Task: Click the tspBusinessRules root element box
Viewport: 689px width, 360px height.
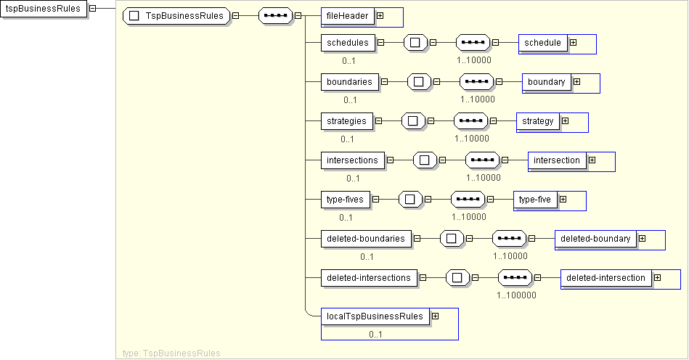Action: [x=43, y=9]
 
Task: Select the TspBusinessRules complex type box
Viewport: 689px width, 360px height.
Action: [x=176, y=16]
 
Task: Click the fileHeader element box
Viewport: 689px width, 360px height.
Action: [x=347, y=15]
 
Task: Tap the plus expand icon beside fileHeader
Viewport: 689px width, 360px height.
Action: [x=380, y=15]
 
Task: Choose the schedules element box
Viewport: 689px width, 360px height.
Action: [x=348, y=42]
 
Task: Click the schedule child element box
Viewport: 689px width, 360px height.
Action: [x=543, y=42]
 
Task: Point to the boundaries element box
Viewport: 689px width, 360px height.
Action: [x=349, y=82]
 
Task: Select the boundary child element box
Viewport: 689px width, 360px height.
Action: [x=547, y=82]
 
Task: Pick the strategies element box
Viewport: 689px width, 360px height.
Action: [x=346, y=120]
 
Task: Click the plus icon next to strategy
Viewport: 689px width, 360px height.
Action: [x=565, y=120]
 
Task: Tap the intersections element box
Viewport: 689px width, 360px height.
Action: [x=352, y=160]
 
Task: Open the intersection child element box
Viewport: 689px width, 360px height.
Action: [x=557, y=160]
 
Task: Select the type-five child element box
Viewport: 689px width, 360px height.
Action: [x=535, y=199]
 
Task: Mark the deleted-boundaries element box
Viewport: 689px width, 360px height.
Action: [x=366, y=238]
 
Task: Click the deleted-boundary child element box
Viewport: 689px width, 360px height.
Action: [x=595, y=238]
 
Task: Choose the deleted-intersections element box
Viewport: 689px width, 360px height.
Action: [x=369, y=277]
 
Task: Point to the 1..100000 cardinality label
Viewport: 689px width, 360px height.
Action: [x=516, y=295]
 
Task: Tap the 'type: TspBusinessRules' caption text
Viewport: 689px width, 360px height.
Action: [x=172, y=353]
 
